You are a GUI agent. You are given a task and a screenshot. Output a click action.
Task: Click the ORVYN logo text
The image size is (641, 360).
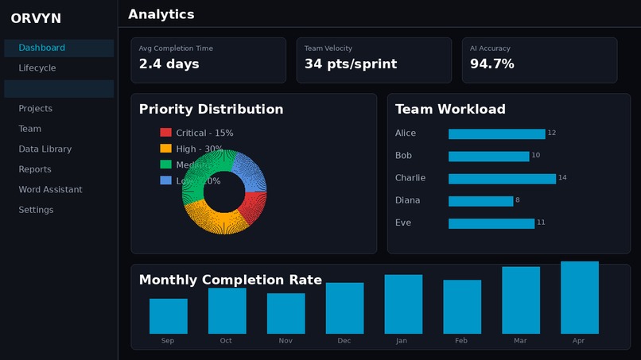(x=36, y=18)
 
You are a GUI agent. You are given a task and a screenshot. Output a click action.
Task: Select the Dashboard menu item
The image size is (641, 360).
(x=42, y=48)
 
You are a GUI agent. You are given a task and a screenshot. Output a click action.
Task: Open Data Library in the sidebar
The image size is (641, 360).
(x=45, y=149)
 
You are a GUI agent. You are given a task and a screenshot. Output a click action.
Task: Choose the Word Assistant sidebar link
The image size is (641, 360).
(x=50, y=189)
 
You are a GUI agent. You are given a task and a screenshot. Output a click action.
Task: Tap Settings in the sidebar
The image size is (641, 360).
(x=37, y=210)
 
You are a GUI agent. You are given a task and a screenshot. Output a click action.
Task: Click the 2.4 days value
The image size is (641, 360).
(x=169, y=64)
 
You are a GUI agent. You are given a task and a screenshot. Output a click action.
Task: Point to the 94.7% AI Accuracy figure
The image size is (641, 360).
(x=491, y=64)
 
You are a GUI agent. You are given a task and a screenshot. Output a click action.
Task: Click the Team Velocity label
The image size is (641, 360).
(x=328, y=48)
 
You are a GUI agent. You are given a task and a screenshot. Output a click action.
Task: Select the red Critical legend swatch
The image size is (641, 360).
(x=165, y=133)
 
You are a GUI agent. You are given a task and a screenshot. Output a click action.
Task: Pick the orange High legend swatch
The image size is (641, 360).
(x=165, y=149)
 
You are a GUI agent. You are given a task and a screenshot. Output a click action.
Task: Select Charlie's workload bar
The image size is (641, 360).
(x=502, y=179)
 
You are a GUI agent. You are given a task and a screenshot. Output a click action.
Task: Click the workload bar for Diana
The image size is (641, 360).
(x=480, y=201)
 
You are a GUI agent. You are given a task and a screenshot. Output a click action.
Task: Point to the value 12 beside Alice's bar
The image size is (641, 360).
(x=552, y=133)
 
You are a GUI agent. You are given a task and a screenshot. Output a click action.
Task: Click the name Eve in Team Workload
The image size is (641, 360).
(x=403, y=223)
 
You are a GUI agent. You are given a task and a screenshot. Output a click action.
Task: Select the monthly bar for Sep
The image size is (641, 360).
(x=168, y=316)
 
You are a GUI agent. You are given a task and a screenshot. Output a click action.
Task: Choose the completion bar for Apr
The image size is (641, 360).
(x=579, y=298)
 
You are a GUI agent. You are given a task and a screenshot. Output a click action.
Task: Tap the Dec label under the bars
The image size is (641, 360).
(x=344, y=340)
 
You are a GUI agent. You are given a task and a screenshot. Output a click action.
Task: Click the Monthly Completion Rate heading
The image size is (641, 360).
(x=230, y=280)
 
